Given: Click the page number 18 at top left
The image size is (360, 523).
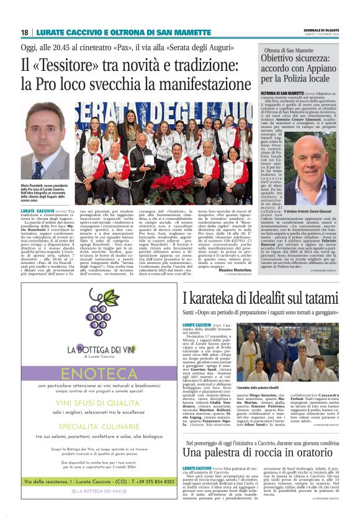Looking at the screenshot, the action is (x=25, y=32).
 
